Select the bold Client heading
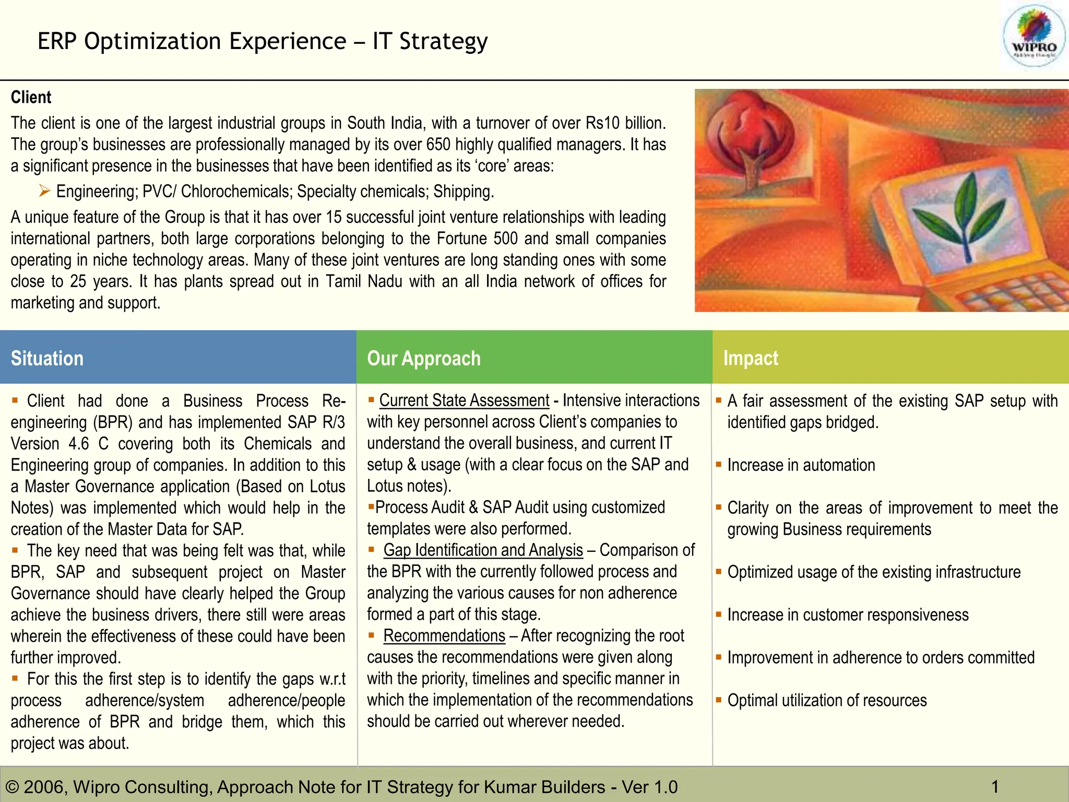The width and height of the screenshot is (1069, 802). click(31, 97)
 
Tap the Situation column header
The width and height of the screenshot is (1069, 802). click(47, 359)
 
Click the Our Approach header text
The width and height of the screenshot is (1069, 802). click(423, 359)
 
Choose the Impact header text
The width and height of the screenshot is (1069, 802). click(750, 359)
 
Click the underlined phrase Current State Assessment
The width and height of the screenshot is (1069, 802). click(464, 400)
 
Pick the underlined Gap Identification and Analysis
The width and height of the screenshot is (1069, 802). click(483, 550)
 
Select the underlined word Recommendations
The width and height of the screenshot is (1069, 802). click(444, 636)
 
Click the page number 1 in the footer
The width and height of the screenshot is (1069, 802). click(995, 786)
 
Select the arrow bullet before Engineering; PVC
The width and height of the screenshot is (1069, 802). click(45, 192)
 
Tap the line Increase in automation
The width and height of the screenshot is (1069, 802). click(801, 465)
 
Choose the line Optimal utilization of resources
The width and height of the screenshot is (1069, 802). click(827, 701)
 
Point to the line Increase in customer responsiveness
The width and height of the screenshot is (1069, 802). click(848, 615)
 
